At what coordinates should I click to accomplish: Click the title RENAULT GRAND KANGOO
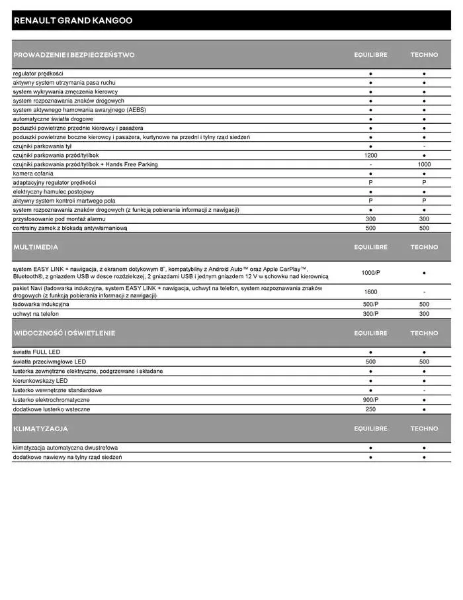tap(73, 21)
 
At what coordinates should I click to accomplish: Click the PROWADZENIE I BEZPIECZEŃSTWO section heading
tap(73, 55)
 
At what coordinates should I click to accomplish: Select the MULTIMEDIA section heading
tap(36, 247)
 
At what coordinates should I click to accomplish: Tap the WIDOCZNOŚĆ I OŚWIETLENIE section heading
tap(64, 333)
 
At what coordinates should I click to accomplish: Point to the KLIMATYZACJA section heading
tap(40, 428)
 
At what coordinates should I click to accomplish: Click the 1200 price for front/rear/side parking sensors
tap(370, 155)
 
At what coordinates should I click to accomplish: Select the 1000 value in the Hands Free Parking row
tap(424, 164)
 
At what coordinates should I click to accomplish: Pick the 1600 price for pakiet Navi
tap(370, 291)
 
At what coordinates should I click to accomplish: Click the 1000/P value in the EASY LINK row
tap(370, 272)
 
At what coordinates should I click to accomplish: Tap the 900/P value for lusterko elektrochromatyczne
tap(370, 400)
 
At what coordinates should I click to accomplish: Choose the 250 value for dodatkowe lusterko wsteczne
tap(370, 409)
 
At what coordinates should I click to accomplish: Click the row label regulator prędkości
tap(38, 74)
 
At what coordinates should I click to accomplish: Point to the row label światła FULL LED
tap(36, 352)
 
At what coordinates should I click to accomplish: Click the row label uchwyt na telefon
tap(36, 314)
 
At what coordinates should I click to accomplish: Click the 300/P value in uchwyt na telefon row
tap(370, 314)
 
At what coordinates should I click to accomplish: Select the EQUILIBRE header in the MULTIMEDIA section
tap(370, 247)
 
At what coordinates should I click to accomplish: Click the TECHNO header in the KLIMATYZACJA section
tap(424, 428)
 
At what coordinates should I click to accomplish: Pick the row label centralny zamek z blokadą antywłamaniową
tap(69, 228)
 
